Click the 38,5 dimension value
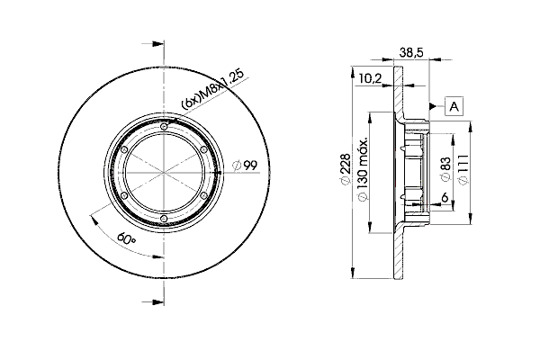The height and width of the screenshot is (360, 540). pyautogui.click(x=411, y=53)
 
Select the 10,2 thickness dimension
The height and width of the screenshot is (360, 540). pyautogui.click(x=370, y=78)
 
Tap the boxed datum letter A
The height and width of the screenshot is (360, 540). pyautogui.click(x=454, y=106)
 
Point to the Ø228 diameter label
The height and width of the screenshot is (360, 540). pyautogui.click(x=345, y=169)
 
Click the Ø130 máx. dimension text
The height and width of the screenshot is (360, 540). pyautogui.click(x=363, y=170)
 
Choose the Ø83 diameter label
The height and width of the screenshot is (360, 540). pyautogui.click(x=445, y=169)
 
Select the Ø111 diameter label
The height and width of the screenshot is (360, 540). pyautogui.click(x=463, y=169)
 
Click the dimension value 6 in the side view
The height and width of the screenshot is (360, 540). pyautogui.click(x=445, y=197)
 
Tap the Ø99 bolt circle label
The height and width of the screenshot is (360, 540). pyautogui.click(x=245, y=166)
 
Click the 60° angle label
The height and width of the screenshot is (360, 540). pyautogui.click(x=126, y=238)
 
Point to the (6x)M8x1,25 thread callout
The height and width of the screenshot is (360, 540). pyautogui.click(x=212, y=89)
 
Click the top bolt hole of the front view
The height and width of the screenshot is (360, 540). pyautogui.click(x=165, y=127)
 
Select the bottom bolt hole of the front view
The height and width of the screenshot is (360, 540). pyautogui.click(x=165, y=218)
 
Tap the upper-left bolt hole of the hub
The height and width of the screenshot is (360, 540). pyautogui.click(x=125, y=150)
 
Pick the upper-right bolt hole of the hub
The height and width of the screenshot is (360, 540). pyautogui.click(x=203, y=149)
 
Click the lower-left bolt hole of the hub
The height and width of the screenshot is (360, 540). pyautogui.click(x=125, y=195)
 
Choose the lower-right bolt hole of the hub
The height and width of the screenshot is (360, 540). pyautogui.click(x=203, y=195)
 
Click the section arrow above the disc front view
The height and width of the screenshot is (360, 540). pyautogui.click(x=153, y=44)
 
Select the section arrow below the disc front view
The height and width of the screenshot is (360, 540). pyautogui.click(x=153, y=302)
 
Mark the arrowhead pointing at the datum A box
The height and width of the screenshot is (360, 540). pyautogui.click(x=433, y=106)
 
